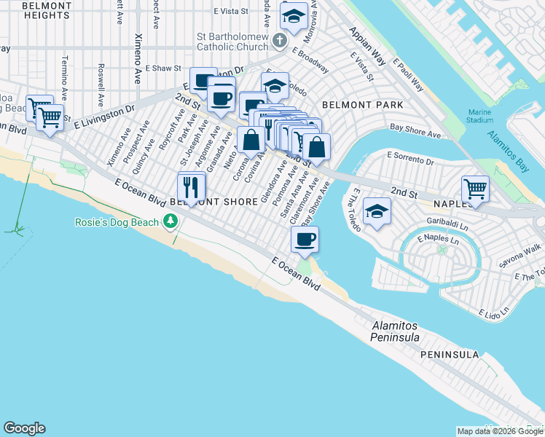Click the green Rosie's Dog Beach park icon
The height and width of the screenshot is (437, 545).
pos(170,220)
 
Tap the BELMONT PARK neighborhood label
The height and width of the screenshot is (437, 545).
pos(363,105)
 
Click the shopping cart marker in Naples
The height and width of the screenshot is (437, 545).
pos(475,189)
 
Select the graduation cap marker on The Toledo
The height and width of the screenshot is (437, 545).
pos(376,211)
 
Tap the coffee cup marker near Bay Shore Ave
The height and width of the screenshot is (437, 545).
pos(305,238)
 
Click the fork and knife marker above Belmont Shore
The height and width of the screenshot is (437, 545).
pos(192,186)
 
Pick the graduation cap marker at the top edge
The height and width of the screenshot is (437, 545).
pos(294,17)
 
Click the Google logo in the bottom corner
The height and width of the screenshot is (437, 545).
pos(24,428)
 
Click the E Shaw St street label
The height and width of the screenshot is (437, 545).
pos(162,68)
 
